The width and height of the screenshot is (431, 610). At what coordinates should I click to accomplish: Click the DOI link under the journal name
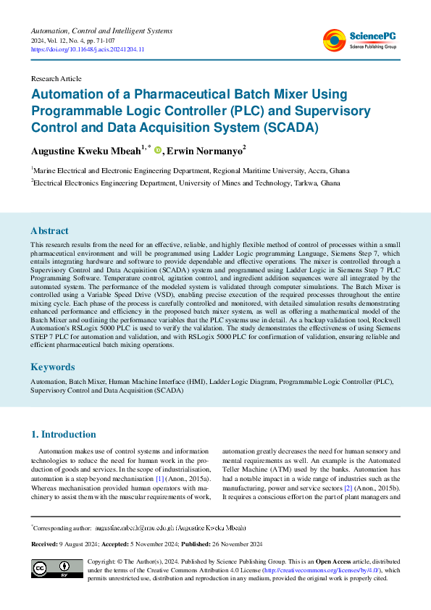[x=88, y=49]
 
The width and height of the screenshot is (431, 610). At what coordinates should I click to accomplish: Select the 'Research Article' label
[x=56, y=78]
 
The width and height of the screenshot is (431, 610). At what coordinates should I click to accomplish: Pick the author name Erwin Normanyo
[x=206, y=151]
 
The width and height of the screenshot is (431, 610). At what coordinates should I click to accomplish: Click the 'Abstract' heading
[x=50, y=231]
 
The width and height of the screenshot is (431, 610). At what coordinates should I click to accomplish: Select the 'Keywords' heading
[x=52, y=367]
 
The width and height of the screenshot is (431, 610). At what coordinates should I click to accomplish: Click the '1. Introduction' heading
[x=63, y=435]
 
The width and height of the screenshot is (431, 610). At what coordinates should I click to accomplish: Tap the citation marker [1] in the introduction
[x=160, y=479]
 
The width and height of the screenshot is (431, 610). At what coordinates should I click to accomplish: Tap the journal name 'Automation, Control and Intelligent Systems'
[x=101, y=30]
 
